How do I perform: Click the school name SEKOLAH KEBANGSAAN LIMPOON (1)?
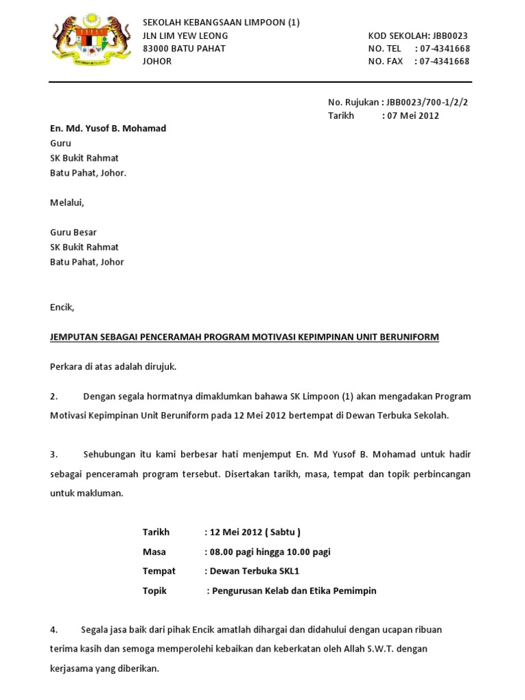221,23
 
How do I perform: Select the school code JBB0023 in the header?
450,36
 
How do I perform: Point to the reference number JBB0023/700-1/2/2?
427,103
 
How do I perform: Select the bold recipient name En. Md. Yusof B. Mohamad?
108,129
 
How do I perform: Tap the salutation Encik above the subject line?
62,308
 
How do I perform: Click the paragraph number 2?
53,396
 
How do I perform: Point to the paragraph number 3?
53,455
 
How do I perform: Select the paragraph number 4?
53,630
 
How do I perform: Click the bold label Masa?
154,552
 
